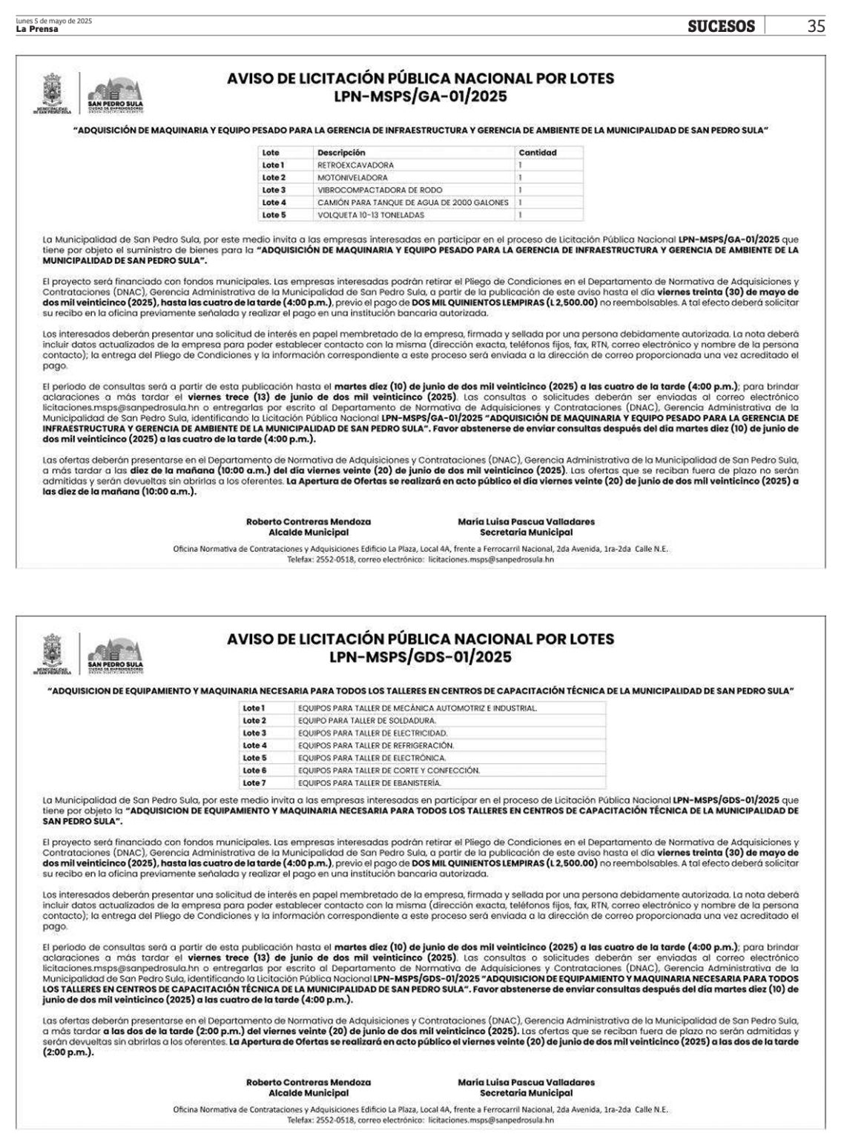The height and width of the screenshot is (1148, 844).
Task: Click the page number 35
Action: pos(815,27)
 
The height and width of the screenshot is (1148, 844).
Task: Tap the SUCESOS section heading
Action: pos(721,27)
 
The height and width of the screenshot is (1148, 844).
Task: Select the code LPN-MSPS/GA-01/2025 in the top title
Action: pos(421,96)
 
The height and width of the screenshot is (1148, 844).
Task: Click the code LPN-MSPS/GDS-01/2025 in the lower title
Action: pos(421,656)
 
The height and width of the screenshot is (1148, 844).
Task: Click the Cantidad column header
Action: pos(537,153)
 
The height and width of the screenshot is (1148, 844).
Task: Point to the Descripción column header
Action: pos(341,153)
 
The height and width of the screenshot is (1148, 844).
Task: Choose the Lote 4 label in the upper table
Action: pos(274,202)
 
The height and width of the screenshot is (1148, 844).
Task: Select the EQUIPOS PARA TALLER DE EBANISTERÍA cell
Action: pos(369,782)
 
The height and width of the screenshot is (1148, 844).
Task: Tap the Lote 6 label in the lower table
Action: pos(254,770)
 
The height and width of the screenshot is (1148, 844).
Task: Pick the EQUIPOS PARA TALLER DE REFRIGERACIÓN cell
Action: pos(375,745)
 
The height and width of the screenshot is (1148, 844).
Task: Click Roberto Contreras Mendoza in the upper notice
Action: pos(308,521)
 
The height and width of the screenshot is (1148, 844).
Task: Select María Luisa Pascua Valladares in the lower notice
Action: pos(526,1082)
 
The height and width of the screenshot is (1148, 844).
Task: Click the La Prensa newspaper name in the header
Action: pos(37,29)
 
